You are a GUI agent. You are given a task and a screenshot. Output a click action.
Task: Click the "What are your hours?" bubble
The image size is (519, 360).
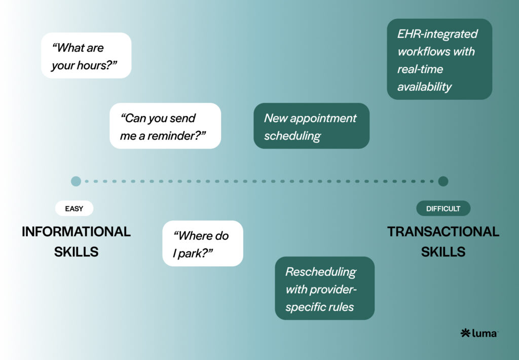86,56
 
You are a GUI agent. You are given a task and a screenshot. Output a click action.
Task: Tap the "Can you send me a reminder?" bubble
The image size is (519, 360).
165,126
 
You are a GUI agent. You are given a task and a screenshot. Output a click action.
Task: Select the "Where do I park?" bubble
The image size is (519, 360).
203,243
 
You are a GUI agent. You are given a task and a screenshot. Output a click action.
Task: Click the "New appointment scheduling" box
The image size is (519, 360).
311,126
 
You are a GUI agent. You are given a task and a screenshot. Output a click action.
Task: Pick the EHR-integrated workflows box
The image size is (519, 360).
439,59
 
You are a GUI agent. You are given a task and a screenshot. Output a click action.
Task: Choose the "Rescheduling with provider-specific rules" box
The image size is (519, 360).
324,289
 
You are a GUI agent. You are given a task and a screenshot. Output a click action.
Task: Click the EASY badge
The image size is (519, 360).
74,208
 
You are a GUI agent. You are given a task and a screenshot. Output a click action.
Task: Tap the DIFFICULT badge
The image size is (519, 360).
443,208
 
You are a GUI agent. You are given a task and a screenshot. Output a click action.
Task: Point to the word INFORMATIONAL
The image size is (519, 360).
76,232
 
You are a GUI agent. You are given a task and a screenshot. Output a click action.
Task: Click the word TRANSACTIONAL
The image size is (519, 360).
443,232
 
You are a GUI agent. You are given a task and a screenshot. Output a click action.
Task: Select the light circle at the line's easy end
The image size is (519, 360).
76,181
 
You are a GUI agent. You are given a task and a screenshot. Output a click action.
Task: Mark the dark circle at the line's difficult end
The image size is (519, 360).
443,181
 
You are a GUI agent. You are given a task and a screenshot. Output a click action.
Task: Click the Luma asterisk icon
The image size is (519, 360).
465,333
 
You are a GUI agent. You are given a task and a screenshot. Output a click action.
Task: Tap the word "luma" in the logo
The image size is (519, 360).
485,333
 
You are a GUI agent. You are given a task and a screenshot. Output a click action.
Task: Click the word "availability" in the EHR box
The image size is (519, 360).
424,87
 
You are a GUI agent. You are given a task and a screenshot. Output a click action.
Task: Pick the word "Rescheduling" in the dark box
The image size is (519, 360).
320,272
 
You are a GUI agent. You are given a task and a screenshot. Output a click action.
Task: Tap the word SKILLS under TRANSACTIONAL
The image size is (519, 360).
443,251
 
